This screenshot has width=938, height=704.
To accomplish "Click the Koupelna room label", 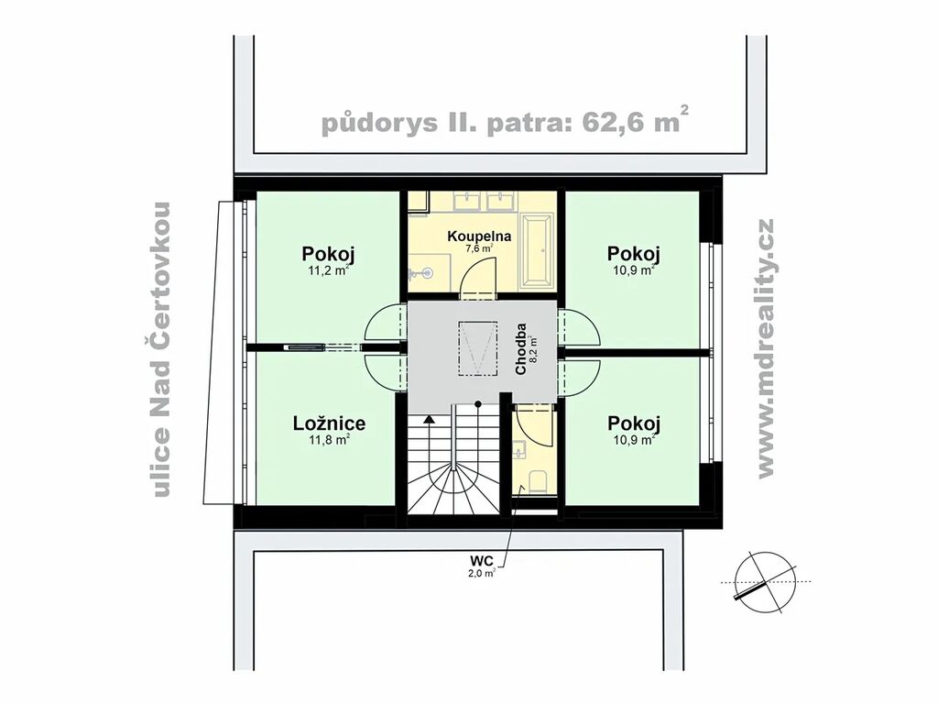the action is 479,236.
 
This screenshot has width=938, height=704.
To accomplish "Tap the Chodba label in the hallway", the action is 521,349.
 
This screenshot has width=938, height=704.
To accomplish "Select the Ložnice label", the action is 329,423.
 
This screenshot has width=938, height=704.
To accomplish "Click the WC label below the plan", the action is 482,561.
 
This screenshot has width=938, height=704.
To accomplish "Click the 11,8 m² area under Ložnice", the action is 329,440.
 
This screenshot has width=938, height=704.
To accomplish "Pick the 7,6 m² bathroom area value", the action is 479,248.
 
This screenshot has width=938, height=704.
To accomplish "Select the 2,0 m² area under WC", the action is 482,573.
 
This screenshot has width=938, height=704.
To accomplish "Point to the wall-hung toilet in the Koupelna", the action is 421,273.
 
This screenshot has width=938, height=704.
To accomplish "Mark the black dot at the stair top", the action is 478,404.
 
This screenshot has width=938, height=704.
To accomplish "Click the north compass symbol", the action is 767,582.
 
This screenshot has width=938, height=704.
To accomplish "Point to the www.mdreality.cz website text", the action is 765,349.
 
